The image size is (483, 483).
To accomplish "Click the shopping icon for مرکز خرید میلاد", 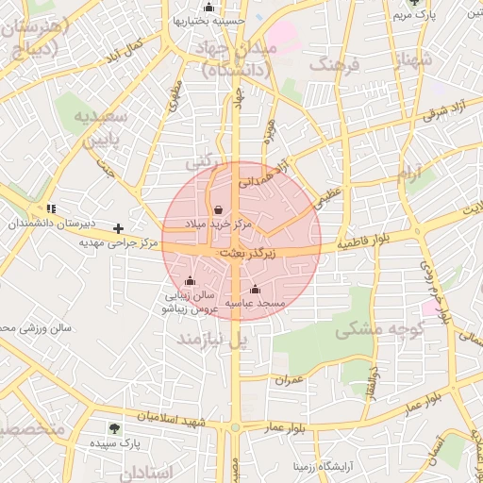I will tap(219, 210).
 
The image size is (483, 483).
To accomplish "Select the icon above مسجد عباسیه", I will tap(256, 289).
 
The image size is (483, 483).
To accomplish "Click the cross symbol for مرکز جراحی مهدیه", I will tap(118, 228).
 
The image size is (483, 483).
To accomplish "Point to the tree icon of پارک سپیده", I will tap(114, 427).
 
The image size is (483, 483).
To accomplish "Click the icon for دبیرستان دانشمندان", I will tap(51, 208).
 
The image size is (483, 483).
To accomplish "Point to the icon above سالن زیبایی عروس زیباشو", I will tap(191, 280).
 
